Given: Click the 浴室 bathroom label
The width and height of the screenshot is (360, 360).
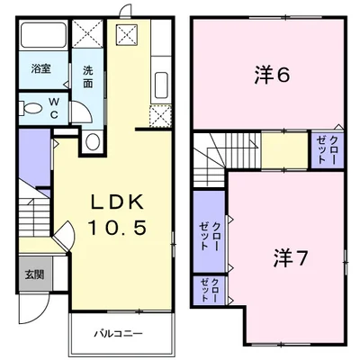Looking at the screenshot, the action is [x=41, y=69].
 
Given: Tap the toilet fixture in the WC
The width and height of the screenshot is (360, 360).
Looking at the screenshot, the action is [x=30, y=108].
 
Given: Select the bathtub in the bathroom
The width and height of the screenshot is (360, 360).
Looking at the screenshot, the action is [x=43, y=35].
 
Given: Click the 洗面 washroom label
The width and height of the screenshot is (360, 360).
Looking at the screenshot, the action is [x=88, y=77].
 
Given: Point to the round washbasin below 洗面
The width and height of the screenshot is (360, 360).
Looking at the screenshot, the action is [x=93, y=141].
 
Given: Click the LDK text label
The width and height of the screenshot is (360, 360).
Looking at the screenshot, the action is [x=117, y=203].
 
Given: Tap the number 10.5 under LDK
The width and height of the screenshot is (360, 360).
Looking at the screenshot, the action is [x=117, y=227].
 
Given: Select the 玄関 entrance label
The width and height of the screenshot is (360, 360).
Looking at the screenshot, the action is [x=34, y=274].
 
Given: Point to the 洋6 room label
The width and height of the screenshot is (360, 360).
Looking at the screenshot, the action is [x=273, y=76].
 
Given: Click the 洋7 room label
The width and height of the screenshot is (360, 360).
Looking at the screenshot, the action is [x=291, y=258].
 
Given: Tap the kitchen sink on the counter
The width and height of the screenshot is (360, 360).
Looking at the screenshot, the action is [x=160, y=85].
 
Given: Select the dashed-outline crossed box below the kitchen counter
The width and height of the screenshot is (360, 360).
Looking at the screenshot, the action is [x=160, y=116].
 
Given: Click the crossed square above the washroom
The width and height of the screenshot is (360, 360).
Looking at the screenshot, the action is [x=88, y=32].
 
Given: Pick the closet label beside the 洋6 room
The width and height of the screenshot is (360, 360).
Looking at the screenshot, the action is [x=327, y=149].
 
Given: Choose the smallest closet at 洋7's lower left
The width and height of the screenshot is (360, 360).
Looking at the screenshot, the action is [x=209, y=291].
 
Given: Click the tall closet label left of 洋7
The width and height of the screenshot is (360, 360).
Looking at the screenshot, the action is [x=210, y=237].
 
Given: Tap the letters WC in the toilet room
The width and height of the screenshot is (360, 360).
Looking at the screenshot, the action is [x=54, y=108].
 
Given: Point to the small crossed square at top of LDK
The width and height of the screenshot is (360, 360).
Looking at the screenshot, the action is [x=127, y=33].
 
